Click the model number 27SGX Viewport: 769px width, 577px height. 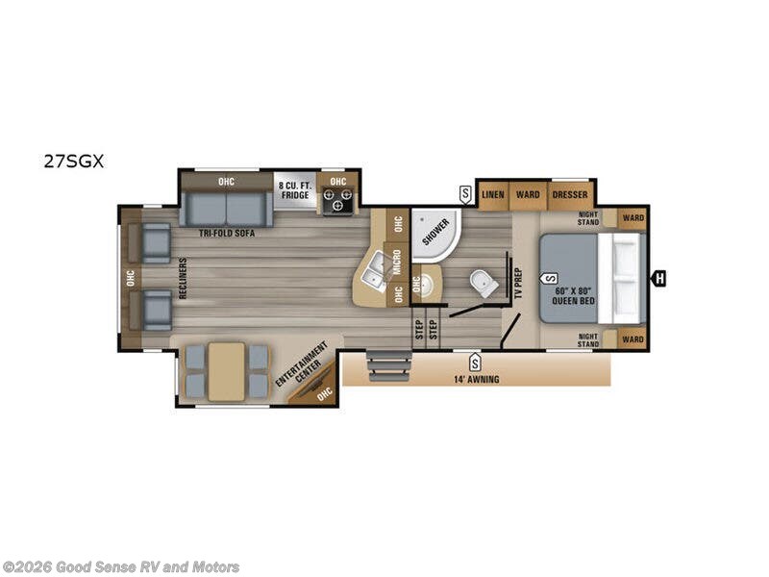(x=73, y=162)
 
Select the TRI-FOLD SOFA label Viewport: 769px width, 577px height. (x=227, y=233)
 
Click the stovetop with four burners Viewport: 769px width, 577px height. (x=338, y=201)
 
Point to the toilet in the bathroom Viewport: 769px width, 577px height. (x=483, y=283)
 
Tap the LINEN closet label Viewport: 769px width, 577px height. (x=493, y=194)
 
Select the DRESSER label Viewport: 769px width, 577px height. (x=570, y=194)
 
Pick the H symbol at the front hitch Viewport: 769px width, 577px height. (x=658, y=279)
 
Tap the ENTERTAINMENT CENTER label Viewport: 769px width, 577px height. (x=300, y=366)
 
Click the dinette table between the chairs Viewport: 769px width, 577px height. (x=227, y=370)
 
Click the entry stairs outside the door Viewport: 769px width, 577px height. (x=389, y=366)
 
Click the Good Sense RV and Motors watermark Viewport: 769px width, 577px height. (x=121, y=567)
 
